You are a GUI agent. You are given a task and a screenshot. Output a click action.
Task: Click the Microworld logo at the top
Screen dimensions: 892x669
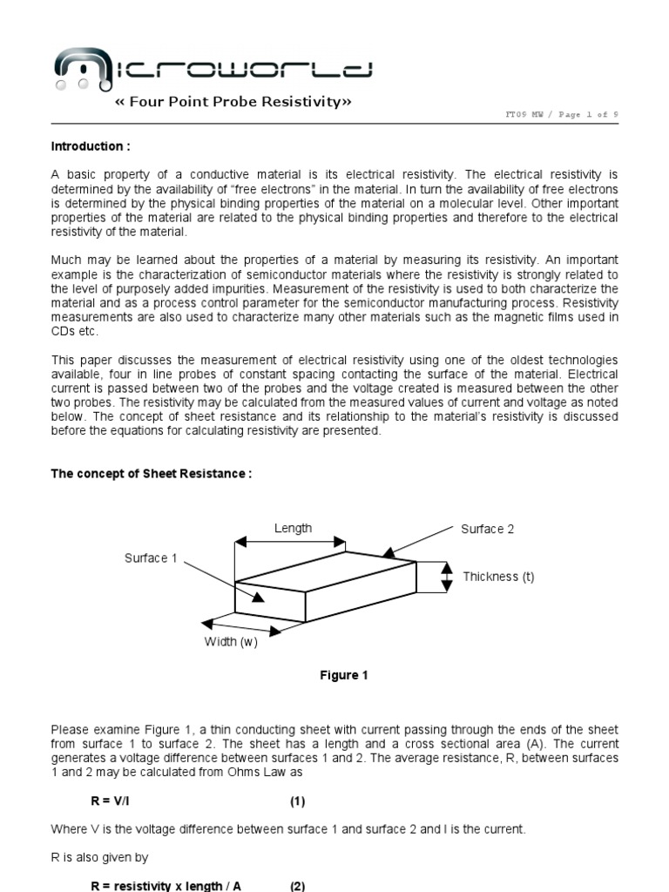coord(214,70)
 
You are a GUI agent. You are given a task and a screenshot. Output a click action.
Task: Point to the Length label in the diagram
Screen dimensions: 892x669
coord(293,528)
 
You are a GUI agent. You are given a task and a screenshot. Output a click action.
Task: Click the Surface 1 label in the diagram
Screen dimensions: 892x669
coord(151,558)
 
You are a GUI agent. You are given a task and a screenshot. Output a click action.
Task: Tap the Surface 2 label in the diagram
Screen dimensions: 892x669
coord(487,530)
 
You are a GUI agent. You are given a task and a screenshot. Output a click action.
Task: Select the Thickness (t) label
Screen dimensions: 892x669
coord(498,577)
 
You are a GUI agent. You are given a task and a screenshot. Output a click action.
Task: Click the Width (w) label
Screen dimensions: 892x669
coord(231,642)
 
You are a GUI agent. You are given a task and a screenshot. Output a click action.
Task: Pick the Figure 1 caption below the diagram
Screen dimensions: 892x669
coord(343,675)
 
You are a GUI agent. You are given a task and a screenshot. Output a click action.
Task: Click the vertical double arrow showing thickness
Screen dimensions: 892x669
coord(447,577)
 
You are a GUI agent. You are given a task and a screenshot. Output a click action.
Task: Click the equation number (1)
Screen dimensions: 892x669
coord(297,801)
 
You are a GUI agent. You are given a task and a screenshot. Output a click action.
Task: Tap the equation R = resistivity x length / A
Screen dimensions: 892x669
coord(166,886)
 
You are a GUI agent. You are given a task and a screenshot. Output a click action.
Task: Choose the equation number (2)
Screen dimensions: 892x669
coord(297,886)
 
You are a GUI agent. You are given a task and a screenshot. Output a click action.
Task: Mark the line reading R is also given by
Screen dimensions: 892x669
coord(99,857)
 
